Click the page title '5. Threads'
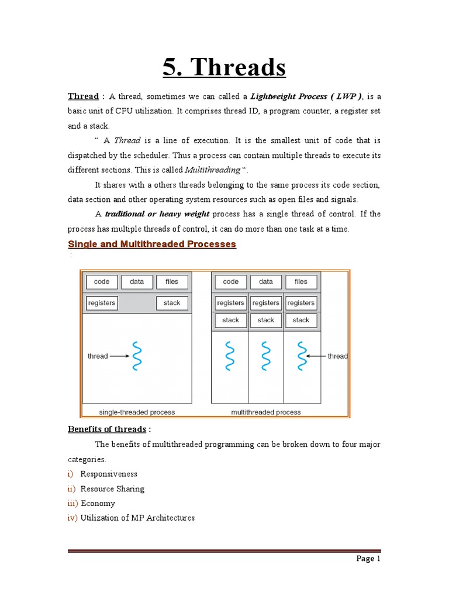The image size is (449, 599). click(224, 68)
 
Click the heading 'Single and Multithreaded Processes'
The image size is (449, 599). click(152, 244)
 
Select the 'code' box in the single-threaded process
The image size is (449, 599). click(102, 282)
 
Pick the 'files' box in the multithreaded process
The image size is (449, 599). click(301, 282)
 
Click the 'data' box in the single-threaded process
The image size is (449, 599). click(137, 282)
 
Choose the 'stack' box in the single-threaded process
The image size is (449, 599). click(172, 303)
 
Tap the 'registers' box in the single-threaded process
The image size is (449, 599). click(102, 303)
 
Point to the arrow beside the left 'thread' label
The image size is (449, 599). click(120, 356)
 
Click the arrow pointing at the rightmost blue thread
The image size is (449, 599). click(316, 356)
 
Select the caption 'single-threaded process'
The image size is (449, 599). click(137, 412)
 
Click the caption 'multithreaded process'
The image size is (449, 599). click(266, 412)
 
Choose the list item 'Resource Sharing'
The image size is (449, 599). click(112, 488)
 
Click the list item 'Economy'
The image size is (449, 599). click(98, 503)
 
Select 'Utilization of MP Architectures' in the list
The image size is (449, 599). click(137, 518)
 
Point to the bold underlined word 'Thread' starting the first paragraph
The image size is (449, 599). click(83, 97)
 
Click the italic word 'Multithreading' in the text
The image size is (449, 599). click(212, 170)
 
